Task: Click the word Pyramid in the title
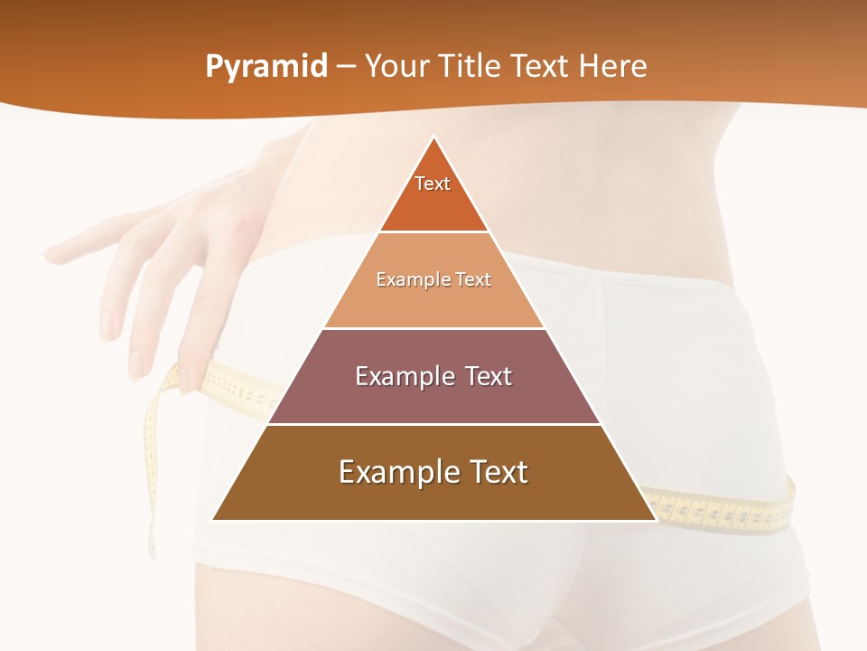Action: [266, 67]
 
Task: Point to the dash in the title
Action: [346, 67]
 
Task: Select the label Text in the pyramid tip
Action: [433, 184]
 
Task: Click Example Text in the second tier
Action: [433, 280]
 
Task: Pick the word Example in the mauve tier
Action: [398, 376]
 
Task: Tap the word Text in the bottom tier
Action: [496, 472]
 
